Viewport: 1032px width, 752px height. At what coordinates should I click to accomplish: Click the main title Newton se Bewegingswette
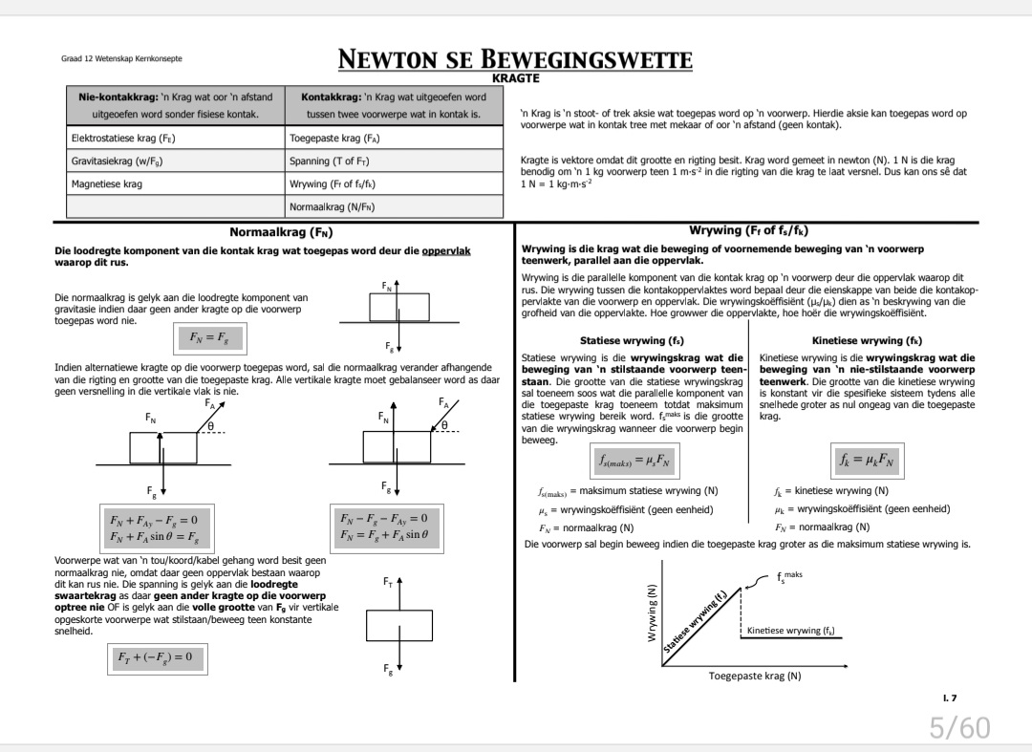click(x=515, y=61)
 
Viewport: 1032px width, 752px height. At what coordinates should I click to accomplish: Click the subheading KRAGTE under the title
click(x=515, y=78)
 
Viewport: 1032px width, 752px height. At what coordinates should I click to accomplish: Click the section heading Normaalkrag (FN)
click(x=281, y=231)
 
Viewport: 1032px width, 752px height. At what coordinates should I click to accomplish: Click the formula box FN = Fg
click(x=210, y=338)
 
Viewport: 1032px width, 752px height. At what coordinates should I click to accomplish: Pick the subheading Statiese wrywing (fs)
click(x=632, y=340)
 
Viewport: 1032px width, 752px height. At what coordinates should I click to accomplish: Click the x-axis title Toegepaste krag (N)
click(x=754, y=676)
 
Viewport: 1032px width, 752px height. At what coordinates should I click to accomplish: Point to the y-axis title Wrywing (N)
click(x=654, y=612)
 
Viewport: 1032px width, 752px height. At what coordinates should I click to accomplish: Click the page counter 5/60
click(x=960, y=728)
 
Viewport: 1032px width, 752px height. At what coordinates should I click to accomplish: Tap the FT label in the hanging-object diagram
click(x=388, y=580)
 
